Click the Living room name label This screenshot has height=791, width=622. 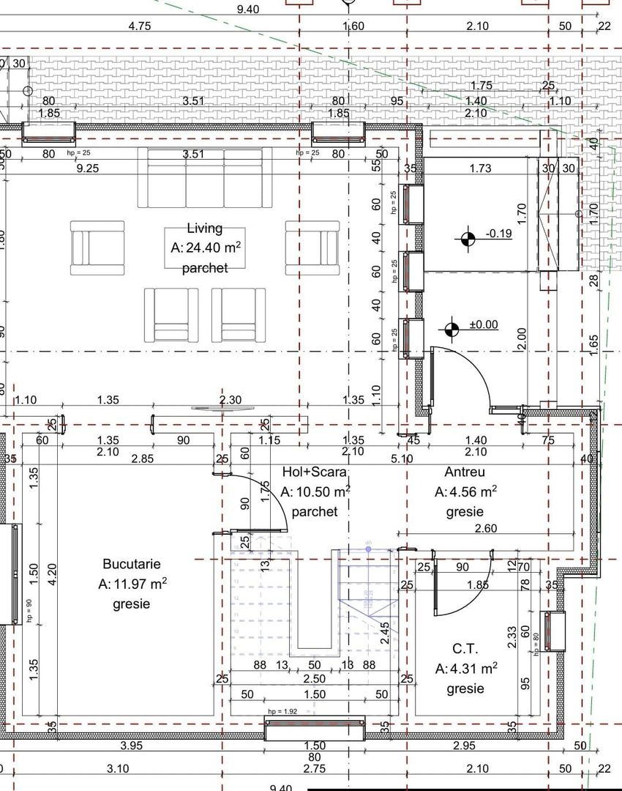(204, 229)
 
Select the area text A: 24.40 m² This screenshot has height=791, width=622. (206, 248)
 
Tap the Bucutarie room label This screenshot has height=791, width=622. (131, 565)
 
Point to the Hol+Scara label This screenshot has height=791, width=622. (314, 472)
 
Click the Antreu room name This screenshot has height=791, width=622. (465, 472)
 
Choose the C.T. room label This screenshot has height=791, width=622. (465, 649)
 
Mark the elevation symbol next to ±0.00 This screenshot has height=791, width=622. (451, 329)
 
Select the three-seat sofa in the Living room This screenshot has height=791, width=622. (204, 178)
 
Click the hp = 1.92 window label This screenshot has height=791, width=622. (282, 711)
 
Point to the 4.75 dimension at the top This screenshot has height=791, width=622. (139, 26)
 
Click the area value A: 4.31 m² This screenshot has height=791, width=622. (466, 669)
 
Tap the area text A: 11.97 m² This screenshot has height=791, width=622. (132, 584)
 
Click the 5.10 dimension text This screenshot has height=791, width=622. (402, 460)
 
